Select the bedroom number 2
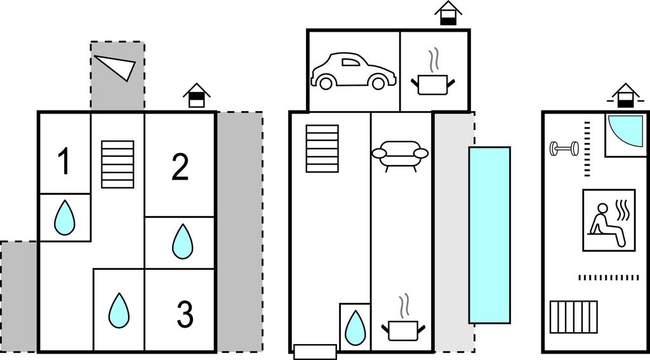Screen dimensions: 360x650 180,167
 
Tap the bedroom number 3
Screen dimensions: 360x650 184,316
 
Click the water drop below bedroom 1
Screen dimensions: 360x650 64,218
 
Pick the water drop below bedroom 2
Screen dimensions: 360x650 182,241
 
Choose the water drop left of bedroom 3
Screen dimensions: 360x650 119,310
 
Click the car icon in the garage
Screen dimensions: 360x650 352,71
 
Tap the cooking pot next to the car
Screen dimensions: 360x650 434,79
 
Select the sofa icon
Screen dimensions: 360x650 400,155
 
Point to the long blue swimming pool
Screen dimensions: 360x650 489,235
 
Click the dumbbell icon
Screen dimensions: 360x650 564,149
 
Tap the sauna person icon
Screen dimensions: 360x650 609,220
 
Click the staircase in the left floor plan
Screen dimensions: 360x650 118,164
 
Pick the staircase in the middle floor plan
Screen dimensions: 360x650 322,149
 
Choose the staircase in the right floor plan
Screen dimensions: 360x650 574,317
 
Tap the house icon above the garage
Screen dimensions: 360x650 448,13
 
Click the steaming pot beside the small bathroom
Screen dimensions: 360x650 402,323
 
